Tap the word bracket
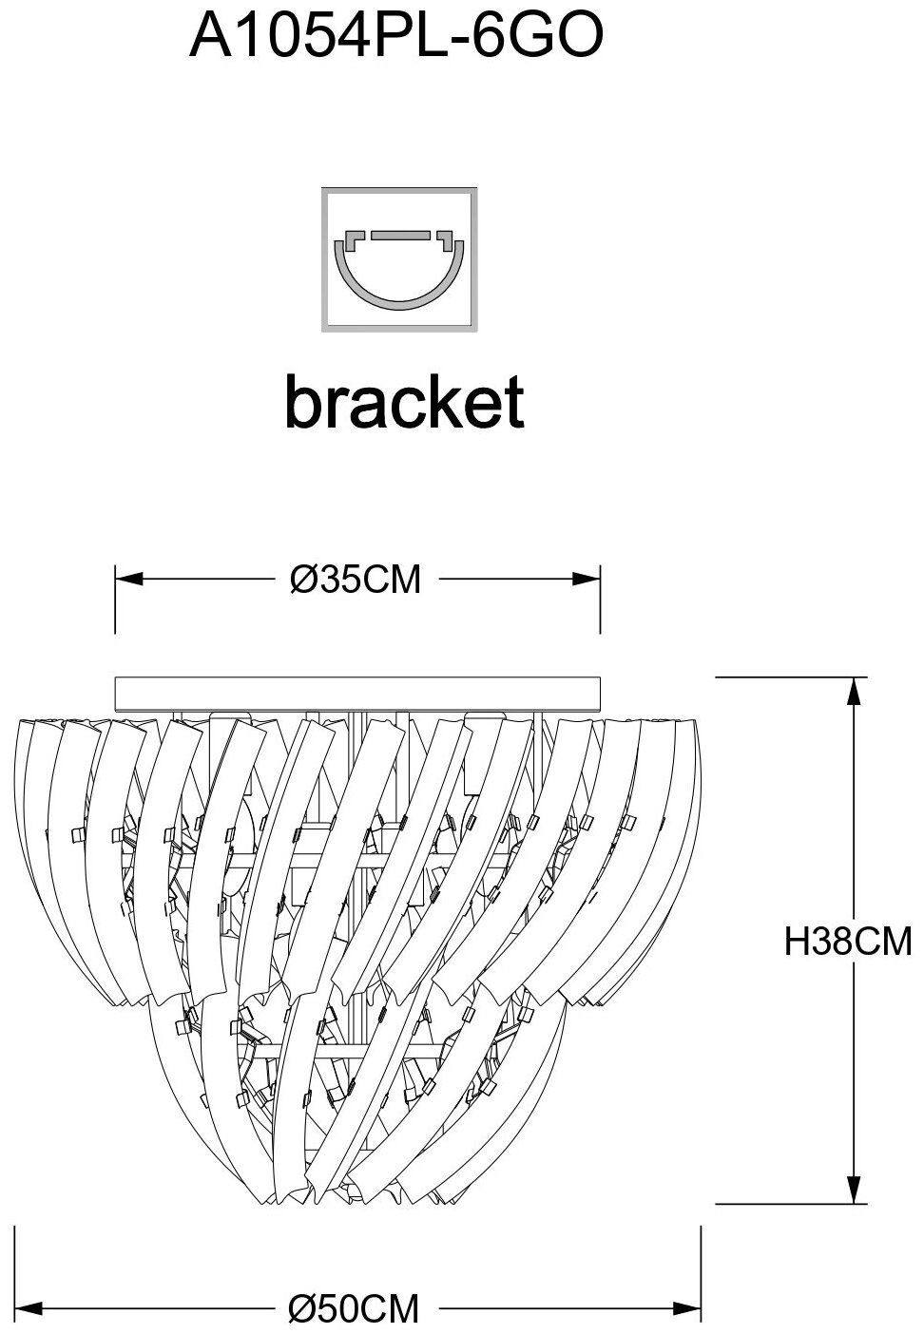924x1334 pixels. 404,402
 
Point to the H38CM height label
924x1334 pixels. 847,942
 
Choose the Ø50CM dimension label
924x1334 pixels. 354,1308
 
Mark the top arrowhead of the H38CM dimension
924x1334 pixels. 857,690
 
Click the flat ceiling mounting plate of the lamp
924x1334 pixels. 357,693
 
